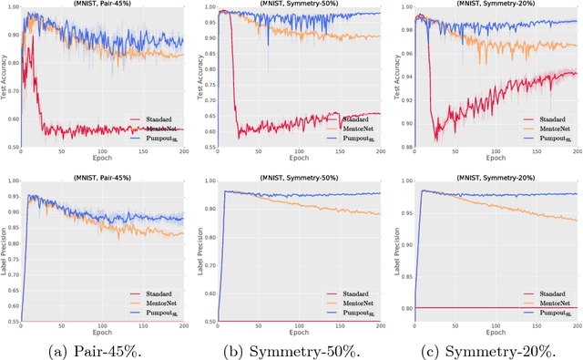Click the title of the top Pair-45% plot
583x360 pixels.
tap(105, 5)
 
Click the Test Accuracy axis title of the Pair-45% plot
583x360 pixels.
tap(5, 77)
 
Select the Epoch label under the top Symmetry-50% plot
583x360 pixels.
tap(298, 164)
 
